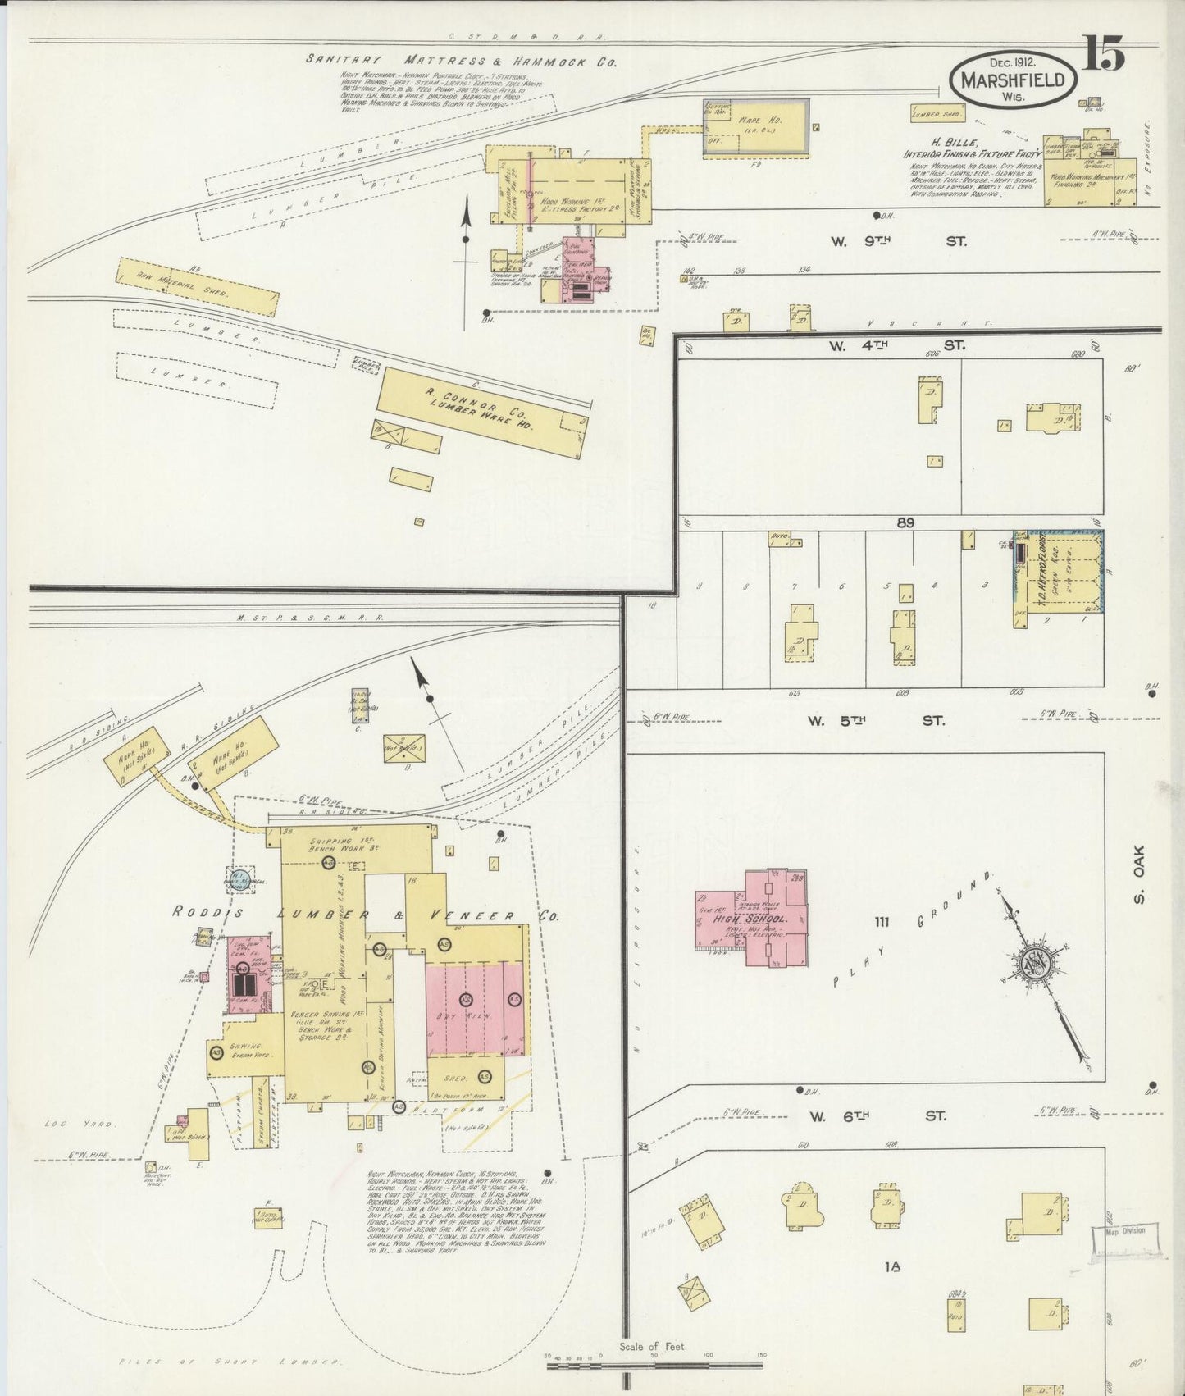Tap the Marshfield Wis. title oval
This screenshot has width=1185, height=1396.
[x=1013, y=80]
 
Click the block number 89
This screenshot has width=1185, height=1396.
[x=905, y=522]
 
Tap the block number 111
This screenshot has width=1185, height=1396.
[x=882, y=922]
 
